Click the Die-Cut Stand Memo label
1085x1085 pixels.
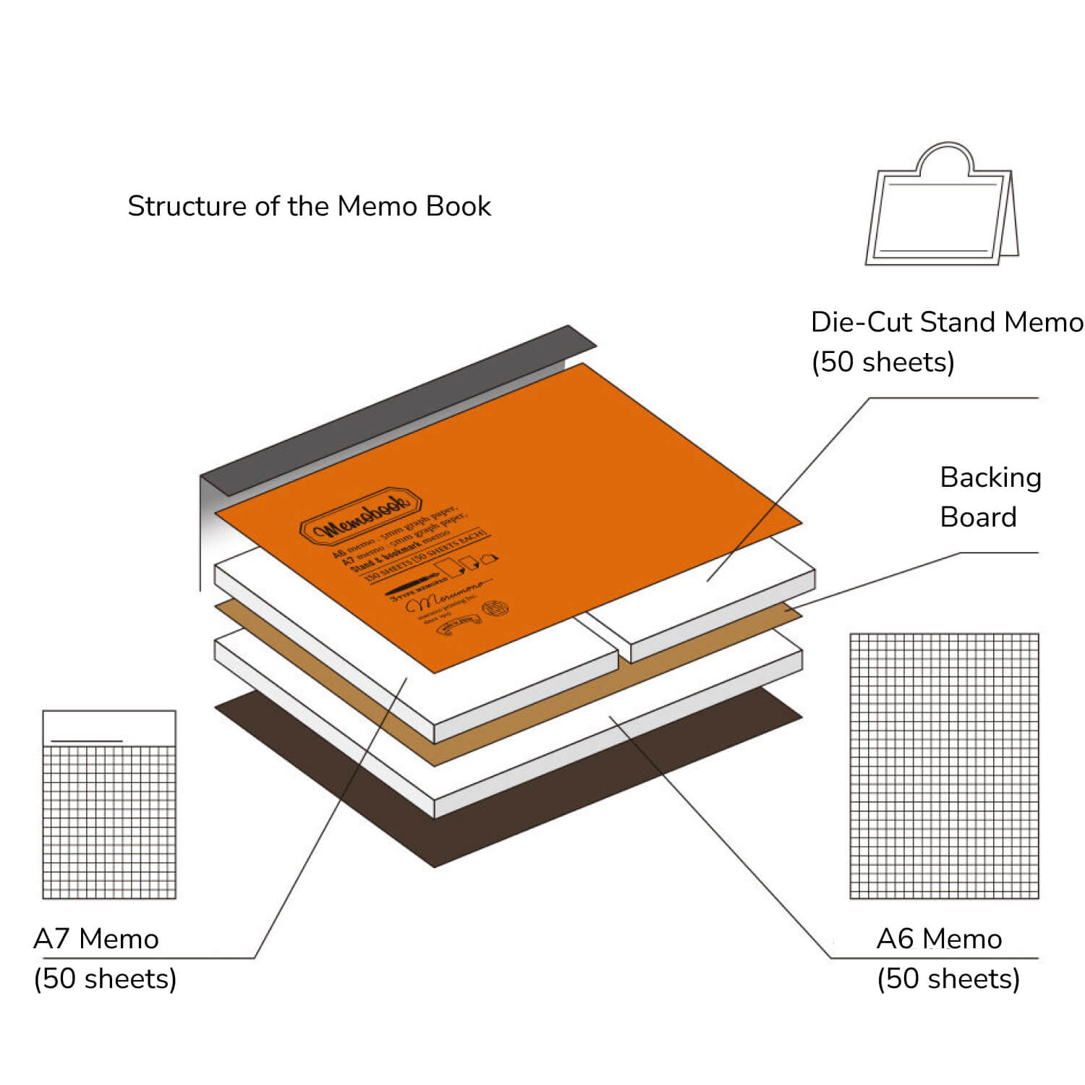point(946,323)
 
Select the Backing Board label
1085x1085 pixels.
point(990,497)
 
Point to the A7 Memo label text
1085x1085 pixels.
point(96,939)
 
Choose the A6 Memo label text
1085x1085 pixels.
point(939,939)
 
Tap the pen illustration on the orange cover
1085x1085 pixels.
point(415,586)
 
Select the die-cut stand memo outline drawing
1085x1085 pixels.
point(940,213)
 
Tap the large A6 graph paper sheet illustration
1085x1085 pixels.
point(944,765)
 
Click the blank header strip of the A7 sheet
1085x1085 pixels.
point(109,726)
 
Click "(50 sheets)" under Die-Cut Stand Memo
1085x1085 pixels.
point(883,362)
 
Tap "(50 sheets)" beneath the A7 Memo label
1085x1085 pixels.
point(106,979)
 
